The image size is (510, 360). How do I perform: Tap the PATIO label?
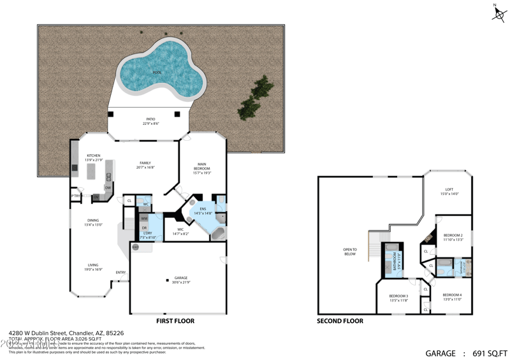coord(150,119)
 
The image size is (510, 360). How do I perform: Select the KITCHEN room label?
coord(93,155)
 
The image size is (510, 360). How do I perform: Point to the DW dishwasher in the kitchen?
coord(108,187)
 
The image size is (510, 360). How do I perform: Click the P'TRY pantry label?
coord(75,196)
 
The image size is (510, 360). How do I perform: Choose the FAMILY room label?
coord(145,163)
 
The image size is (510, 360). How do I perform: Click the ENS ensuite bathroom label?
coord(203,208)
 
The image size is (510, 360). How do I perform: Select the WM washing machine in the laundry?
coord(144,219)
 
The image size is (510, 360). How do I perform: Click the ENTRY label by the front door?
coord(120,273)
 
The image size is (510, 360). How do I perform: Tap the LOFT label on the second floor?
coord(449,190)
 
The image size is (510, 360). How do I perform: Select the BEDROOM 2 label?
coord(453,236)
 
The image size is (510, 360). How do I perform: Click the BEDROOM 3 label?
coord(398,296)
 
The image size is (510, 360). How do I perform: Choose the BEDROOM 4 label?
coord(452,295)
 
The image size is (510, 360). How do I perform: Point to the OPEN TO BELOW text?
coord(349,251)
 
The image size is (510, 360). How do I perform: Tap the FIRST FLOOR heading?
coord(175,321)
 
